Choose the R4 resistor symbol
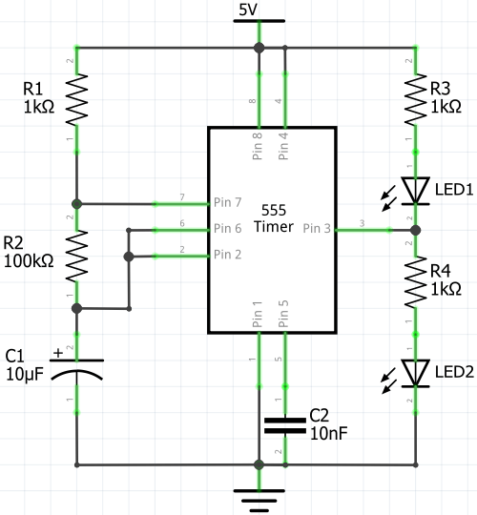click(x=416, y=282)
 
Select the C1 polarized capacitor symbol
click(x=77, y=370)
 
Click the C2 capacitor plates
click(x=283, y=423)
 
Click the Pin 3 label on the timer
click(x=317, y=229)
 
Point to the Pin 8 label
click(x=258, y=148)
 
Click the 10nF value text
click(x=328, y=433)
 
